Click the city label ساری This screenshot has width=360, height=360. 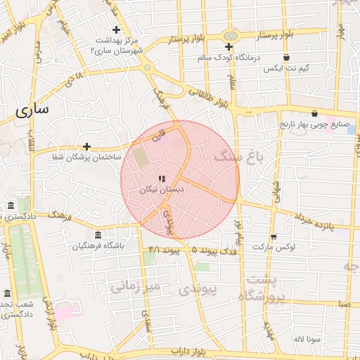click(32, 110)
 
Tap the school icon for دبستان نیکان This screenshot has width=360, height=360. click(162, 179)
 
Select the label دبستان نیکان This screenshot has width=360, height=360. click(162, 189)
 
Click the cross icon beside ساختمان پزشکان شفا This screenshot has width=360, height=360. click(86, 146)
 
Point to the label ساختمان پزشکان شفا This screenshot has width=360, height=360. click(77, 157)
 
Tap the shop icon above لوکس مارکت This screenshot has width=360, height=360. click(273, 237)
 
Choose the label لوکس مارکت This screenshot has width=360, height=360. click(275, 247)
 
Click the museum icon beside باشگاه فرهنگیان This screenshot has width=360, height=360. click(97, 235)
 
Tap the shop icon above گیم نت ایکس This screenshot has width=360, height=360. click(286, 58)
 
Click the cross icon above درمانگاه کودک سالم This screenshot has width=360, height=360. click(228, 47)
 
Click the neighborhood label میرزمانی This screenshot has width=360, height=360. click(136, 286)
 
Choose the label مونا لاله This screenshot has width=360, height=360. click(308, 339)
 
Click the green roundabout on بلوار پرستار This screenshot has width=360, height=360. click(230, 36)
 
